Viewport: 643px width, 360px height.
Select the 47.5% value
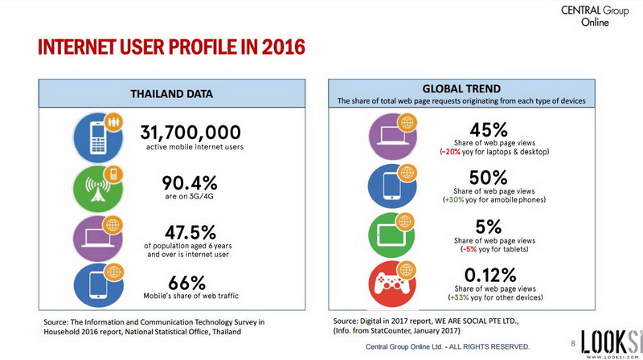pyautogui.click(x=190, y=232)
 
